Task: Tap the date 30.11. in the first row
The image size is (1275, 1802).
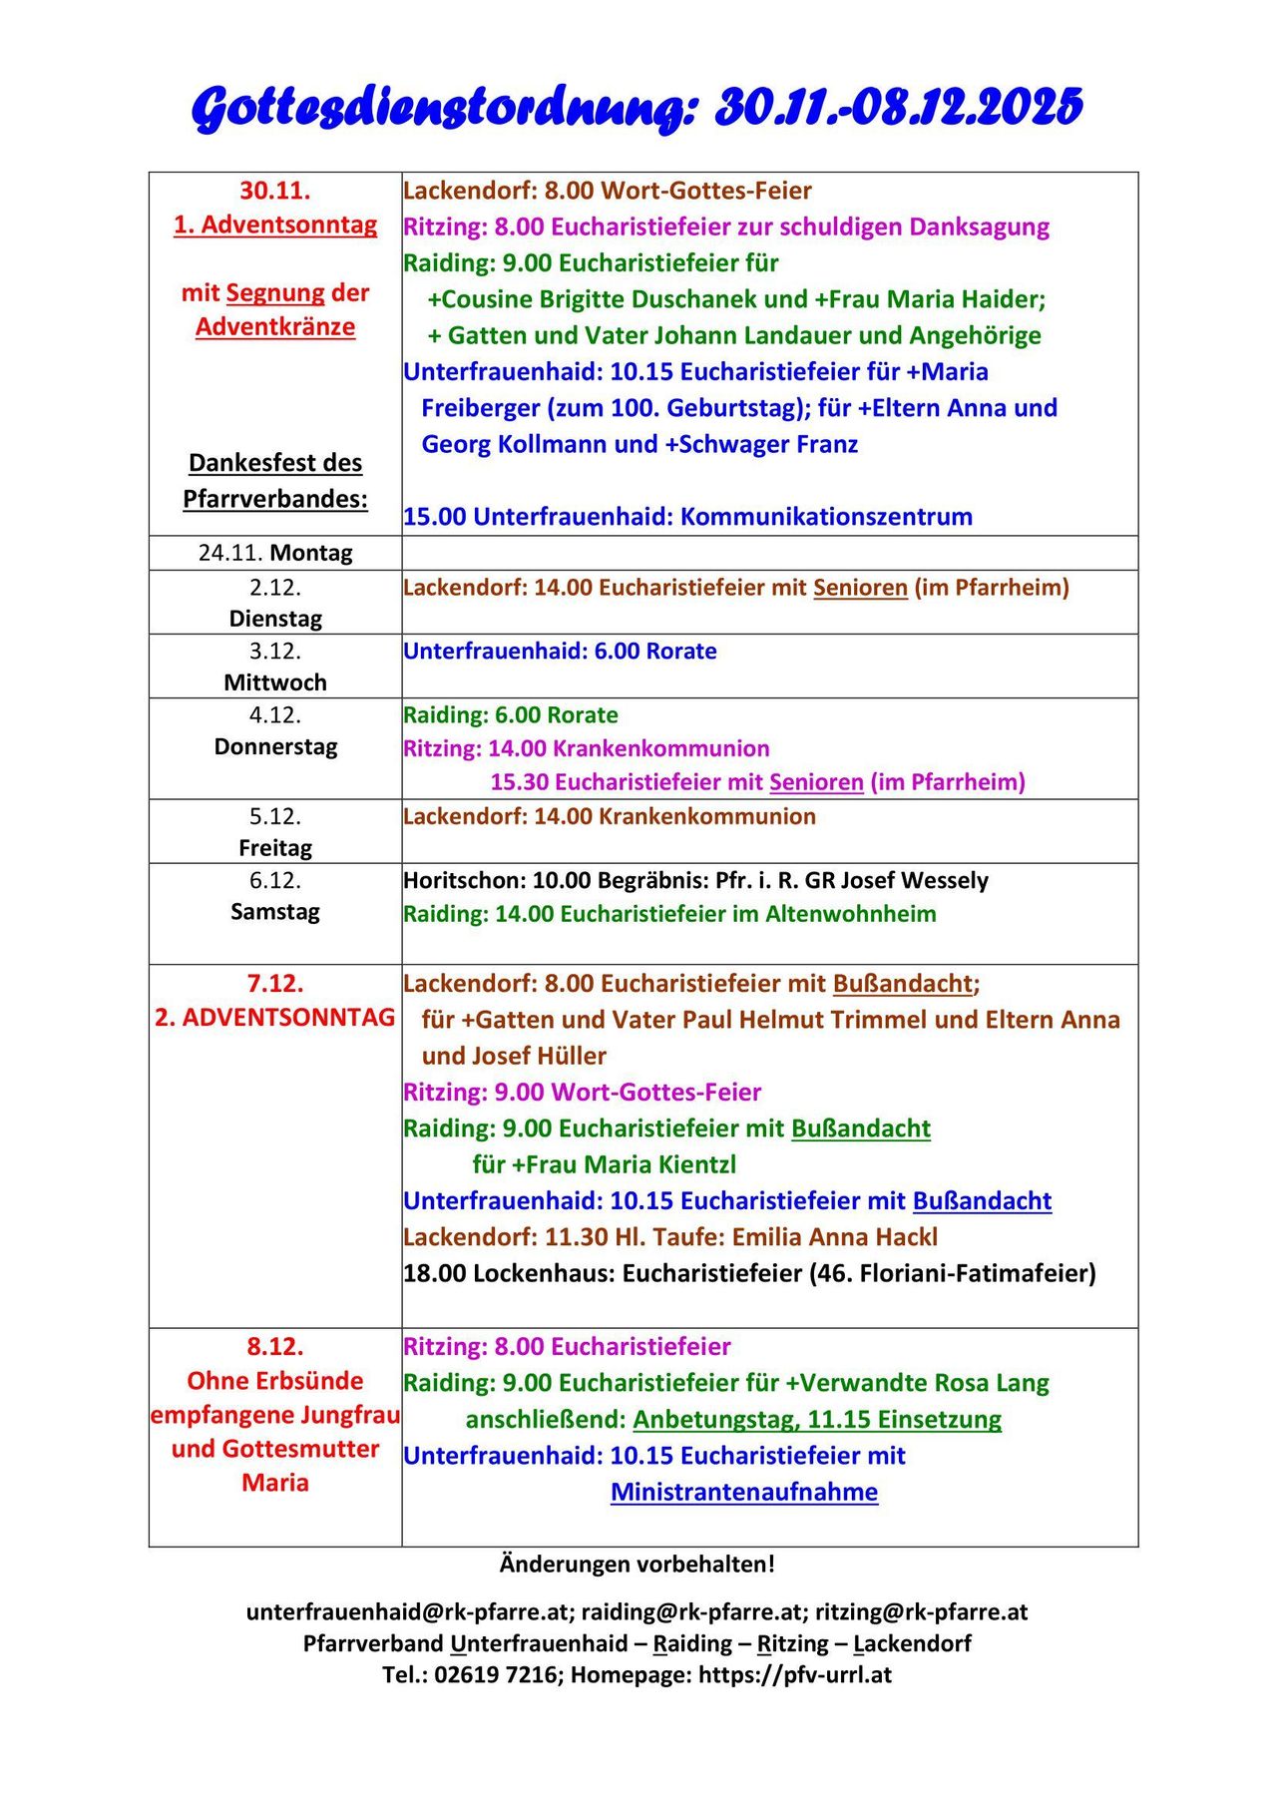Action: pyautogui.click(x=274, y=190)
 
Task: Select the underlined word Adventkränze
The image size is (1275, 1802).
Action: pyautogui.click(x=275, y=326)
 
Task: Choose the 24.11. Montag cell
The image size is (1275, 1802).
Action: pyautogui.click(x=275, y=553)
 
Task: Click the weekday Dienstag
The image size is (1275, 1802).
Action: pyautogui.click(x=275, y=619)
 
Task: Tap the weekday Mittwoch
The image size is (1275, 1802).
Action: pyautogui.click(x=275, y=682)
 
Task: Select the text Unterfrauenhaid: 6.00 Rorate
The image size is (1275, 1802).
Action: pyautogui.click(x=560, y=652)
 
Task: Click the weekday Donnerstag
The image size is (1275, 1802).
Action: pyautogui.click(x=275, y=746)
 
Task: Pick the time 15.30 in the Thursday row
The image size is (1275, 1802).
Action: pyautogui.click(x=519, y=782)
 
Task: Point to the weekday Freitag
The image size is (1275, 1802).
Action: pyautogui.click(x=275, y=848)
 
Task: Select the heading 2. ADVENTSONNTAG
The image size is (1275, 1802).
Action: pyautogui.click(x=275, y=1018)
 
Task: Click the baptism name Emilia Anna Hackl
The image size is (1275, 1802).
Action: pyautogui.click(x=835, y=1237)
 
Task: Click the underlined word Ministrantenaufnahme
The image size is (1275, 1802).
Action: pyautogui.click(x=744, y=1493)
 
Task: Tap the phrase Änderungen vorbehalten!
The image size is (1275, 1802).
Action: pyautogui.click(x=637, y=1565)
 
